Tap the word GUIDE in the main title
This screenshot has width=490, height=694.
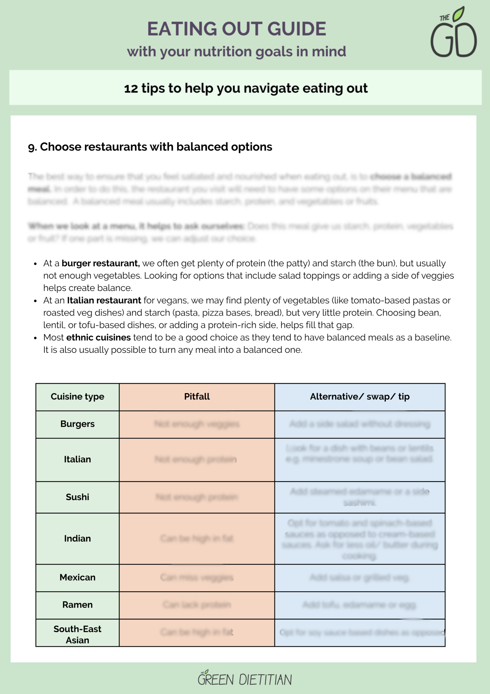296,29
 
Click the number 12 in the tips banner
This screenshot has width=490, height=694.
131,89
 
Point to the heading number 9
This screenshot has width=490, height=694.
32,147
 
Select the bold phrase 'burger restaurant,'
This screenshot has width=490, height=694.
100,263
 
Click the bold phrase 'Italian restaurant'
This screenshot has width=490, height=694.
104,300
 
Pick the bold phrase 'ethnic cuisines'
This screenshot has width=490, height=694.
99,337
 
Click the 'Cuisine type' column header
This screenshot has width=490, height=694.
77,396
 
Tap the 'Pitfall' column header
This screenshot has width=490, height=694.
197,396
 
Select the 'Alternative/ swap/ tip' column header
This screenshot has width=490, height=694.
360,396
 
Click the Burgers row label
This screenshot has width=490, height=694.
77,424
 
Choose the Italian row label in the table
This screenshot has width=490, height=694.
77,459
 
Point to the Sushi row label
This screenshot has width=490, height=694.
77,497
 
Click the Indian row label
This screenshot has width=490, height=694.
77,538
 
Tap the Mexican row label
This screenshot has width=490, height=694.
77,577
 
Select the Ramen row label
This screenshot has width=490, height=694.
77,605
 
